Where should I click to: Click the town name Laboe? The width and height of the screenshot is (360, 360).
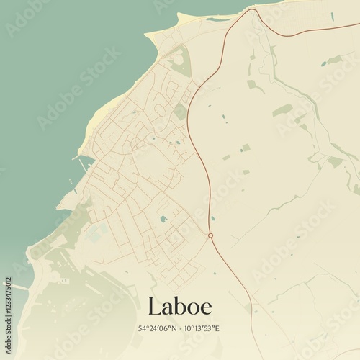(x=179, y=305)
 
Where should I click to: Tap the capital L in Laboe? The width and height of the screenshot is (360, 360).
(x=153, y=305)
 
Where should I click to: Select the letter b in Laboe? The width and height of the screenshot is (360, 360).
(x=179, y=305)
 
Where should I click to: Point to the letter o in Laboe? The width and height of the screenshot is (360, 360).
(x=192, y=307)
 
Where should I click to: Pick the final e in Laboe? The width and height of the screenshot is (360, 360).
(x=206, y=307)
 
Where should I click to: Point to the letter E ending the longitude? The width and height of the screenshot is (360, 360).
(x=217, y=328)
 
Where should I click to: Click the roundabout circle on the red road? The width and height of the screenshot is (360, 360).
(x=210, y=235)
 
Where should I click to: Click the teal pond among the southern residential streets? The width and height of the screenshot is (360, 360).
(x=163, y=218)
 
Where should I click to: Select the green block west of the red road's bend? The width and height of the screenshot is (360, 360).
(x=180, y=112)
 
